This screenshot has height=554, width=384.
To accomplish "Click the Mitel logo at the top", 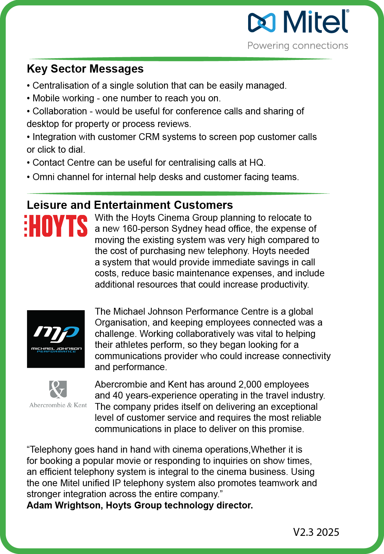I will [x=298, y=21].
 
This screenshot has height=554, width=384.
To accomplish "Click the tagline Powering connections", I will [x=298, y=46].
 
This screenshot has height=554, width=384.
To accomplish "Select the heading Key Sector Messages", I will [x=85, y=69].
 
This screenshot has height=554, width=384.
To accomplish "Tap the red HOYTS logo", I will [x=56, y=226].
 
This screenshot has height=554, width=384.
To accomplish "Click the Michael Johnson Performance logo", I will [x=56, y=339].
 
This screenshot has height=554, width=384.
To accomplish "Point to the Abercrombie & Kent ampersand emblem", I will [x=58, y=389].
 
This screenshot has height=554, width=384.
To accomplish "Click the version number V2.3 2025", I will [x=316, y=532].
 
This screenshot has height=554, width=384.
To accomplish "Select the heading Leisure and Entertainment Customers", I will [x=130, y=205].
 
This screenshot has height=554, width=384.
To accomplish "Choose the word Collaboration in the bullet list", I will [x=60, y=111].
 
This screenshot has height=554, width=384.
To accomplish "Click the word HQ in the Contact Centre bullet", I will [x=256, y=163].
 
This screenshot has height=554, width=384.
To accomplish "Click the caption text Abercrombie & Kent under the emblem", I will [x=58, y=405].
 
